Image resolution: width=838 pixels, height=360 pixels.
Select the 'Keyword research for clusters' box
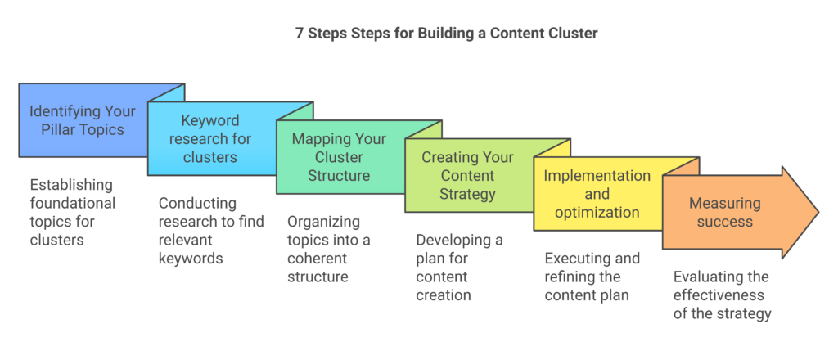210,138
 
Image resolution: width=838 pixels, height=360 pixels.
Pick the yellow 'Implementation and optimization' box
597,194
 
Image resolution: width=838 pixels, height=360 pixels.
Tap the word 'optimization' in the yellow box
597,212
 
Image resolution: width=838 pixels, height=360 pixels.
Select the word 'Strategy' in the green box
469,194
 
